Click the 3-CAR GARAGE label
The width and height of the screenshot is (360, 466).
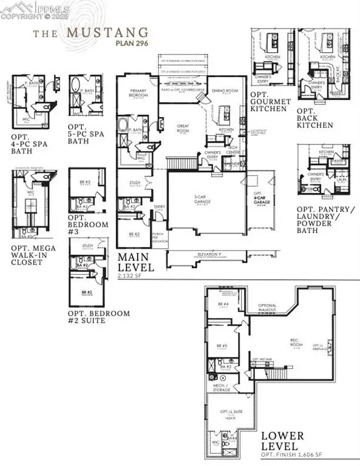[203, 198]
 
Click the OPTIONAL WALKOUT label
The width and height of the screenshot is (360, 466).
[268, 308]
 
